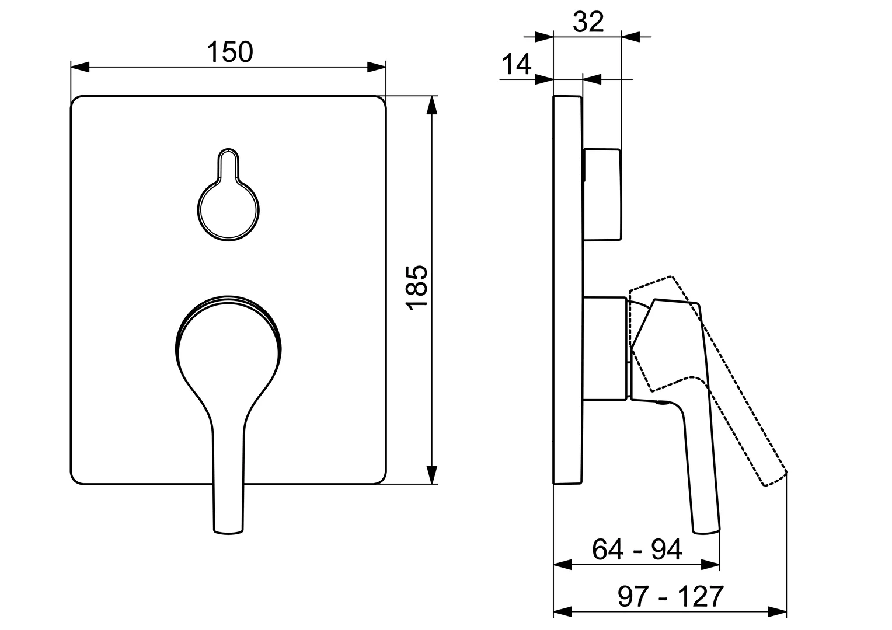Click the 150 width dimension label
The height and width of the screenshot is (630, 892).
(x=230, y=52)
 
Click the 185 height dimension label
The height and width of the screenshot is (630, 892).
(x=418, y=288)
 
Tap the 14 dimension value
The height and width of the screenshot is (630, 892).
(x=517, y=64)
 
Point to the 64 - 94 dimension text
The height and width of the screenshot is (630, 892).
(x=637, y=549)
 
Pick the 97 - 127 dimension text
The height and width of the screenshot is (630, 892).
(x=670, y=596)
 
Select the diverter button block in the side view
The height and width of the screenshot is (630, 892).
(x=602, y=194)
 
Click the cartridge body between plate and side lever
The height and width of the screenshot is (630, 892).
(x=606, y=349)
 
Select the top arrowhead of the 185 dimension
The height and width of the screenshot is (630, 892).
(x=431, y=105)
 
